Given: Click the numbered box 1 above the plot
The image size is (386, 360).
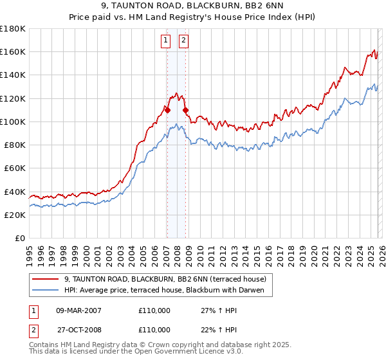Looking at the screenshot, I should tap(165, 40).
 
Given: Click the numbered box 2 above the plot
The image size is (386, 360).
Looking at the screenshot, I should tap(183, 40).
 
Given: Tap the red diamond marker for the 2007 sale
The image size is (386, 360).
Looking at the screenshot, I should tap(167, 110).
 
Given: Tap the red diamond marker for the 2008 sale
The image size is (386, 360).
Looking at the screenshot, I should tap(186, 110).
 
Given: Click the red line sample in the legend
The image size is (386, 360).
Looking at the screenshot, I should tap(46, 279).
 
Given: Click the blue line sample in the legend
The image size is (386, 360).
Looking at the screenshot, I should tap(46, 290).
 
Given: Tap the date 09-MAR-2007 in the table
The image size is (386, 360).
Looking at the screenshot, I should tap(78, 310).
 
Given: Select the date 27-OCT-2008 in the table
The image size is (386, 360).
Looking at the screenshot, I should tap(78, 329).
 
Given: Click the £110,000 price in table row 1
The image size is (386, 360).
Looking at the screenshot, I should tap(154, 310).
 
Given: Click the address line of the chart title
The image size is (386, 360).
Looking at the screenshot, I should tap(192, 7).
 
